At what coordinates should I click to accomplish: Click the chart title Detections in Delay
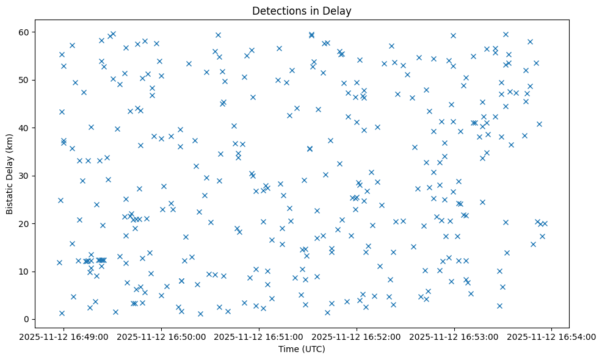[x=302, y=11]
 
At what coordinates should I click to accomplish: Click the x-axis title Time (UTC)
[x=302, y=349]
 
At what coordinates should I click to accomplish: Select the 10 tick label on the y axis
[x=25, y=272]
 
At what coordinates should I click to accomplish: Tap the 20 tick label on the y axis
[x=25, y=223]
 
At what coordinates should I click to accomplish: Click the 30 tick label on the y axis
[x=25, y=176]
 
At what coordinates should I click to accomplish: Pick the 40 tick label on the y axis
[x=25, y=128]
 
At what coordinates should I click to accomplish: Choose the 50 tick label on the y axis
[x=25, y=80]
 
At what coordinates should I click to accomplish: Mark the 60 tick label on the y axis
[x=25, y=32]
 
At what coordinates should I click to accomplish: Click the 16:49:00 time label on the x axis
[x=63, y=336]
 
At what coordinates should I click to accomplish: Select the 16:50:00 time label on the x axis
[x=161, y=336]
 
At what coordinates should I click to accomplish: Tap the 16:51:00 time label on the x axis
[x=259, y=336]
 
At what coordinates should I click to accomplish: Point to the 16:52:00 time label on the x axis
[x=357, y=336]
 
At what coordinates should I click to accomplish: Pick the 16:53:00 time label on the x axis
[x=454, y=336]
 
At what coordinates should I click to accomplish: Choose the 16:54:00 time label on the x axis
[x=552, y=336]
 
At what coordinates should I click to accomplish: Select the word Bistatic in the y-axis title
[x=10, y=195]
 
